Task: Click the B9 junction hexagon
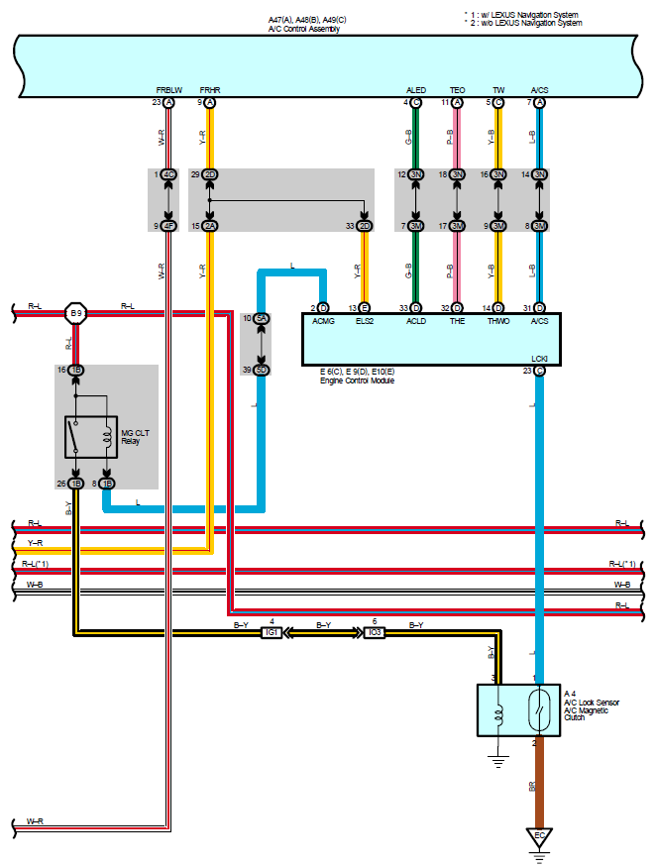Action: click(75, 314)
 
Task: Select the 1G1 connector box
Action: click(272, 632)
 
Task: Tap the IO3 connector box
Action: click(374, 632)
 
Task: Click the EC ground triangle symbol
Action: click(540, 838)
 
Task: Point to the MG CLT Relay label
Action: click(137, 437)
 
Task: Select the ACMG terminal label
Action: click(323, 322)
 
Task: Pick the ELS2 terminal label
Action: click(364, 322)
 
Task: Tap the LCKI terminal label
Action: click(539, 358)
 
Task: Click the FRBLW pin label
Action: click(168, 90)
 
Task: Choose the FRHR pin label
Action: click(210, 90)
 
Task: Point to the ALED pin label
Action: click(416, 90)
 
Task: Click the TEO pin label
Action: click(457, 90)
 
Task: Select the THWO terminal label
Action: click(498, 322)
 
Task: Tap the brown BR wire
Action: click(540, 783)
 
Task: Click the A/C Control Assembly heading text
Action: click(304, 29)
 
